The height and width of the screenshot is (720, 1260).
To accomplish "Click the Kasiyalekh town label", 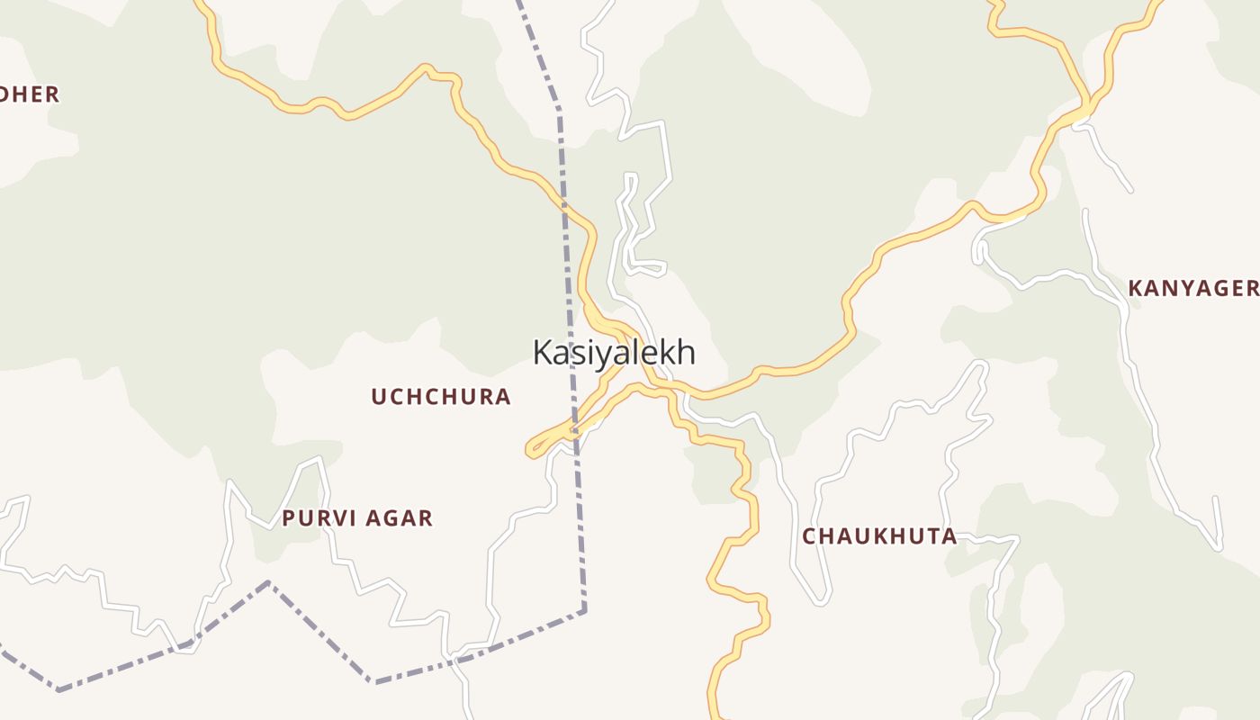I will (614, 352).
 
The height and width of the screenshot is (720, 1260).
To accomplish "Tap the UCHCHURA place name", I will (441, 397).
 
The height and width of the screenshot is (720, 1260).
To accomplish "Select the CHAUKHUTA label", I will (879, 536).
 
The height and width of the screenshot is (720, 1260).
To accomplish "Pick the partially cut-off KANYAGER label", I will (1192, 288).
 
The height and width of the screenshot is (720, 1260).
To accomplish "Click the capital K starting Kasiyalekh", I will (543, 352).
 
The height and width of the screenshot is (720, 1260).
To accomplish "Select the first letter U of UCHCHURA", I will (379, 397).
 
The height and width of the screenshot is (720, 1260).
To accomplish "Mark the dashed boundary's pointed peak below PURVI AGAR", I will (268, 583).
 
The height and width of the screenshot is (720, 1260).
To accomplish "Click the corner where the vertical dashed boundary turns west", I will (584, 610).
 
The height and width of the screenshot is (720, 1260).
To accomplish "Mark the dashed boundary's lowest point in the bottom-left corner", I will (58, 690).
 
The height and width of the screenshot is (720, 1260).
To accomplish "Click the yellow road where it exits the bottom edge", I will (717, 715).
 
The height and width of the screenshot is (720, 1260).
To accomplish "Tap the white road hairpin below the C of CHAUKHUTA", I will (821, 601).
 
